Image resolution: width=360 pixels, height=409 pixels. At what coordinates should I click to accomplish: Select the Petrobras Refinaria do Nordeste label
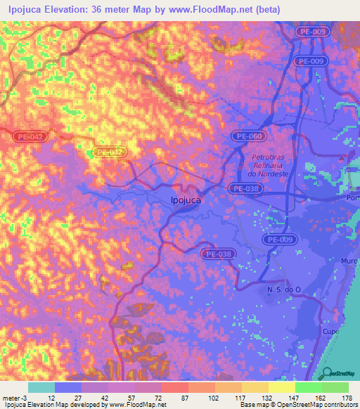pyautogui.click(x=269, y=165)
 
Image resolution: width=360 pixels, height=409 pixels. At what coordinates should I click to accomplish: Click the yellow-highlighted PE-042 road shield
pyautogui.click(x=110, y=152)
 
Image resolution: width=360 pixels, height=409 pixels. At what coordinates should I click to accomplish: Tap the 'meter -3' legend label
pyautogui.click(x=14, y=397)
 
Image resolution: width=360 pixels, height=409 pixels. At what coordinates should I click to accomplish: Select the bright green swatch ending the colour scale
pyautogui.click(x=335, y=387)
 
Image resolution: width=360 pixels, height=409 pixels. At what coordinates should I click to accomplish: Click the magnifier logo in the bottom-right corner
pyautogui.click(x=326, y=373)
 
